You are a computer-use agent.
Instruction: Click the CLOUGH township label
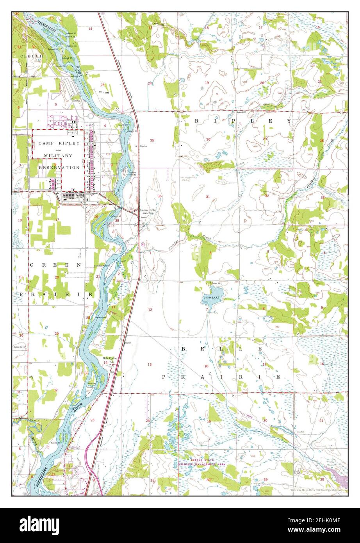[x=32, y=56]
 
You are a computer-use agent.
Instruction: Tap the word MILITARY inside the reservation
[x=58, y=155]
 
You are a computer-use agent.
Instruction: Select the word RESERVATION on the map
[x=59, y=167]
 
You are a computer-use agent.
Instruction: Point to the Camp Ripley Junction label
[x=148, y=211]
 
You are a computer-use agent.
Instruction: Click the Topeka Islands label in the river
[x=130, y=173]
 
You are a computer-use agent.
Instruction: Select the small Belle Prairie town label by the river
[x=110, y=358]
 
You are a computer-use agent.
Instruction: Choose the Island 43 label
[x=116, y=216]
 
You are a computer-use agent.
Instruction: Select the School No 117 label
[x=20, y=347]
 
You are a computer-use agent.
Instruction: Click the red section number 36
[x=159, y=196]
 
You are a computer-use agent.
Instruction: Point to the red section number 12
[x=150, y=309]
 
